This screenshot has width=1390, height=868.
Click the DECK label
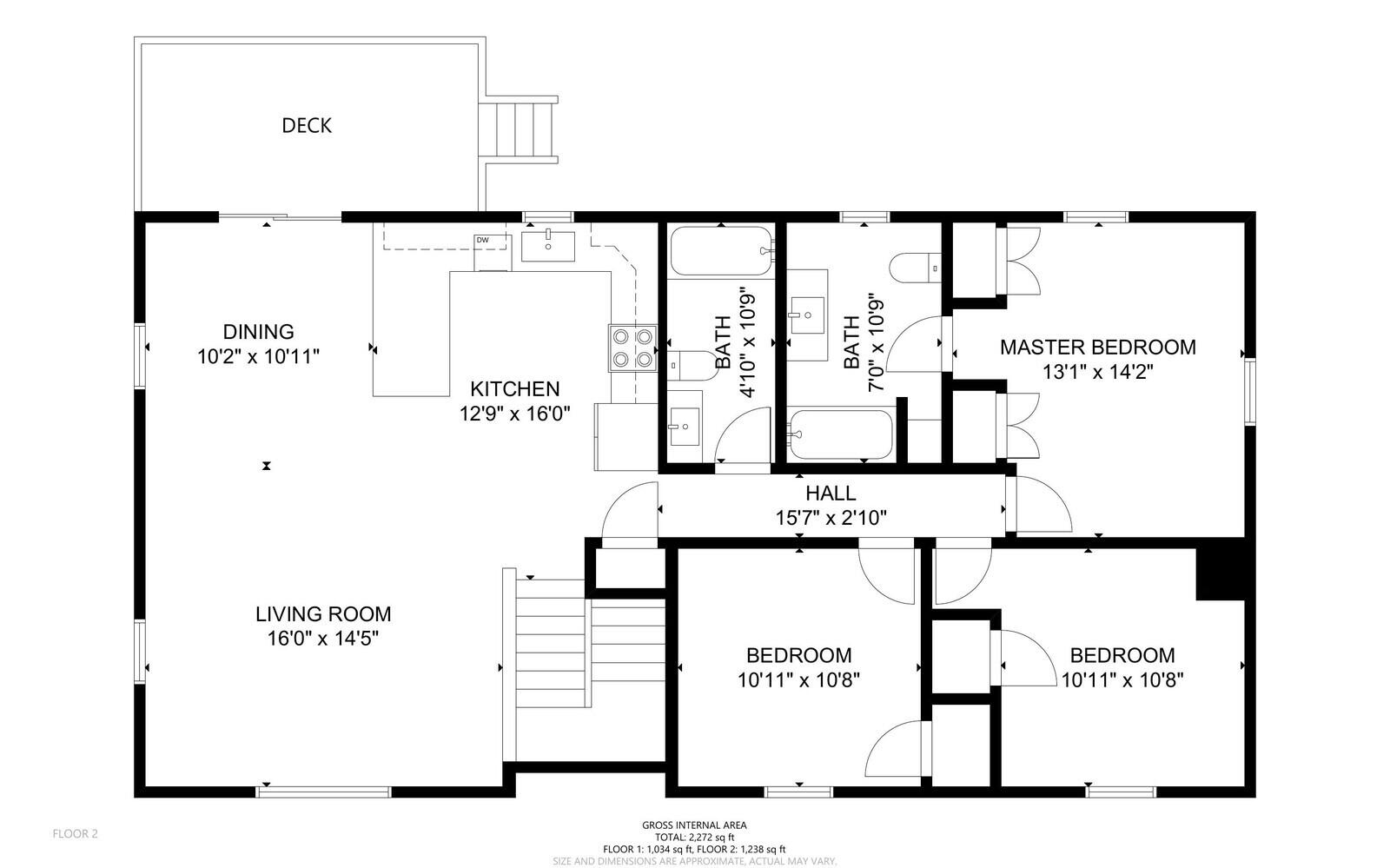307,126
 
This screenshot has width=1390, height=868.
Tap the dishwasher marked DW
493,253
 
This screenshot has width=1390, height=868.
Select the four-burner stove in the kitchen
633,348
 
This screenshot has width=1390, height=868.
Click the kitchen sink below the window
548,246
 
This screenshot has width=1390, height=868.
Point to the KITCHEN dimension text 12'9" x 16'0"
514,414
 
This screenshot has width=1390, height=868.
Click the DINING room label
259,332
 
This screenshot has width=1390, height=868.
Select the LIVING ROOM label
323,614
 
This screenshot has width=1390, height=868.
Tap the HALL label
831,494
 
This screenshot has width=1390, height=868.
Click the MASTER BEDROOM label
1098,348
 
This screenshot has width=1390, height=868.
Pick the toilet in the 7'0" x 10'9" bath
916,268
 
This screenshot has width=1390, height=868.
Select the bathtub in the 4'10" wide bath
722,250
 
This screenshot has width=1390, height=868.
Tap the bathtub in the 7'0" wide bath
841,434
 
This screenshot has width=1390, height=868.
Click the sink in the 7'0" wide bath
807,315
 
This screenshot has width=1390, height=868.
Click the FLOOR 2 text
75,834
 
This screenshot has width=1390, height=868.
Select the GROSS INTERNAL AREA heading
694,825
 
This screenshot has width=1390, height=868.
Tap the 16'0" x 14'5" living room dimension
323,639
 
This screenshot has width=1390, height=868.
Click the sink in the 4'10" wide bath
685,427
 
